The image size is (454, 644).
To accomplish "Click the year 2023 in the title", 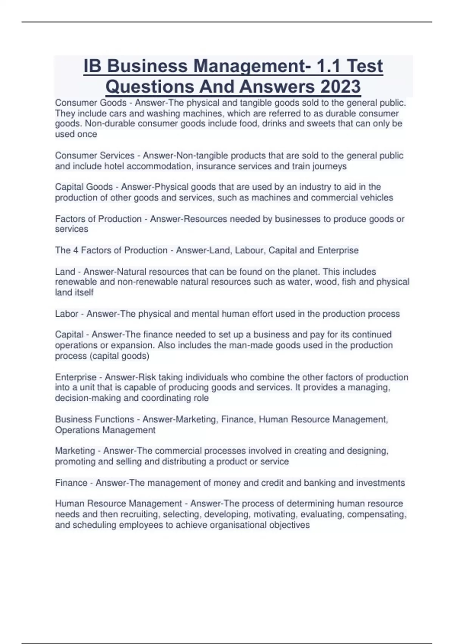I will (x=340, y=86).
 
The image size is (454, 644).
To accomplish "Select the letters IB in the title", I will (x=92, y=66).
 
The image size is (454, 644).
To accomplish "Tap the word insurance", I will (x=219, y=166).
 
